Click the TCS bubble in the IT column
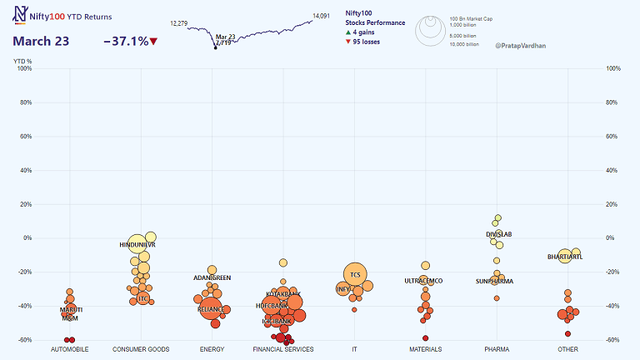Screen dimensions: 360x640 click(x=355, y=274)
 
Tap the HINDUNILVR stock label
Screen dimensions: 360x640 click(x=137, y=244)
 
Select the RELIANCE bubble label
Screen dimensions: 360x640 click(x=210, y=309)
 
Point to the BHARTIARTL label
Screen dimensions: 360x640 click(x=565, y=257)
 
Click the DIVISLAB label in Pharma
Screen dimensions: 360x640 click(x=498, y=234)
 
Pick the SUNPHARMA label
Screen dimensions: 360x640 click(x=494, y=281)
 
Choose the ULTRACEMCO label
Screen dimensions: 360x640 click(x=423, y=281)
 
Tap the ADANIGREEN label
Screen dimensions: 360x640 click(x=212, y=277)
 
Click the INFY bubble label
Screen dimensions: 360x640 click(x=342, y=289)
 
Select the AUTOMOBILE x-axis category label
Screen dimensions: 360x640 click(x=70, y=349)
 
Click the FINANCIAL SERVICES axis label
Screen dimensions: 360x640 click(x=283, y=349)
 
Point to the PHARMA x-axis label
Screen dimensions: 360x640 click(x=497, y=349)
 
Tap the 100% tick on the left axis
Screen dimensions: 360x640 click(x=23, y=69)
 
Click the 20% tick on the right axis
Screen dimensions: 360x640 click(x=614, y=204)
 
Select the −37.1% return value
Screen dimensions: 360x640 click(x=125, y=41)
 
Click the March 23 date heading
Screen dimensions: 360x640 click(x=41, y=41)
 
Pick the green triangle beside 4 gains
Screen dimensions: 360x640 click(x=348, y=32)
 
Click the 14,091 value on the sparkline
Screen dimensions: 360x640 click(x=321, y=15)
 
